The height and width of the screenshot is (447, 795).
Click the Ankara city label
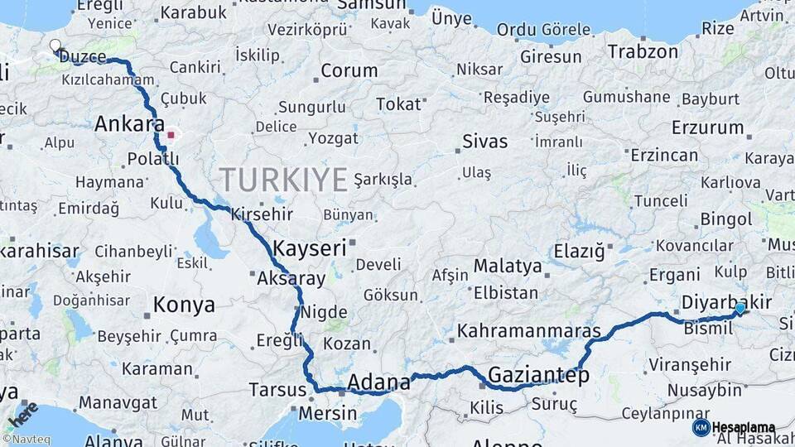click(129, 124)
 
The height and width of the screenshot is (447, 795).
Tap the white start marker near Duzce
click(55, 46)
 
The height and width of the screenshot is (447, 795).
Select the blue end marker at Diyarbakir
click(740, 309)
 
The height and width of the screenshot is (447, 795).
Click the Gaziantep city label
click(538, 375)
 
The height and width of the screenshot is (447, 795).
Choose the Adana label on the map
click(378, 382)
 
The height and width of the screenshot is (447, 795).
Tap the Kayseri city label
click(309, 248)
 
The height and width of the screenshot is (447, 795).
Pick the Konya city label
click(184, 305)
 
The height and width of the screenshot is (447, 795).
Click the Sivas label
click(484, 141)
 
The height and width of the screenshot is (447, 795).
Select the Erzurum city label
click(707, 127)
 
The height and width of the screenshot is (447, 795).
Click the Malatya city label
click(508, 267)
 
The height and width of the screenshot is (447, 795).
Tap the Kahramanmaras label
click(528, 331)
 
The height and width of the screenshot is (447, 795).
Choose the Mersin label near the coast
click(327, 412)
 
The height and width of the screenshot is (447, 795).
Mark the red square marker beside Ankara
click(171, 134)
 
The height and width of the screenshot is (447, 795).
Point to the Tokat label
click(398, 104)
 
